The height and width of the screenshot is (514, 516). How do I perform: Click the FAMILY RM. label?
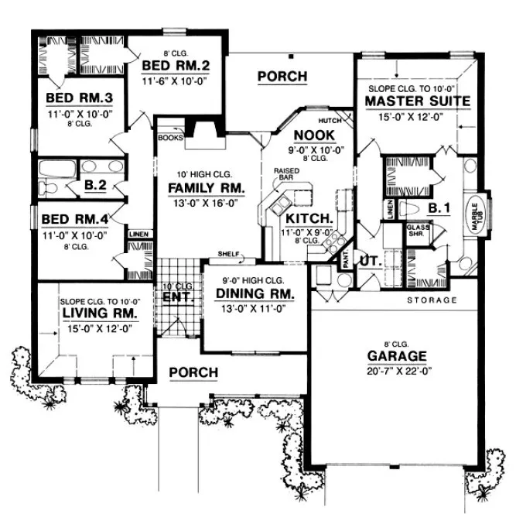(x=207, y=189)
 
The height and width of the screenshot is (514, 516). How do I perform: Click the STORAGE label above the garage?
(x=432, y=300)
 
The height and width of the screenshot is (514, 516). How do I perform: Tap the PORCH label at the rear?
(x=282, y=77)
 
